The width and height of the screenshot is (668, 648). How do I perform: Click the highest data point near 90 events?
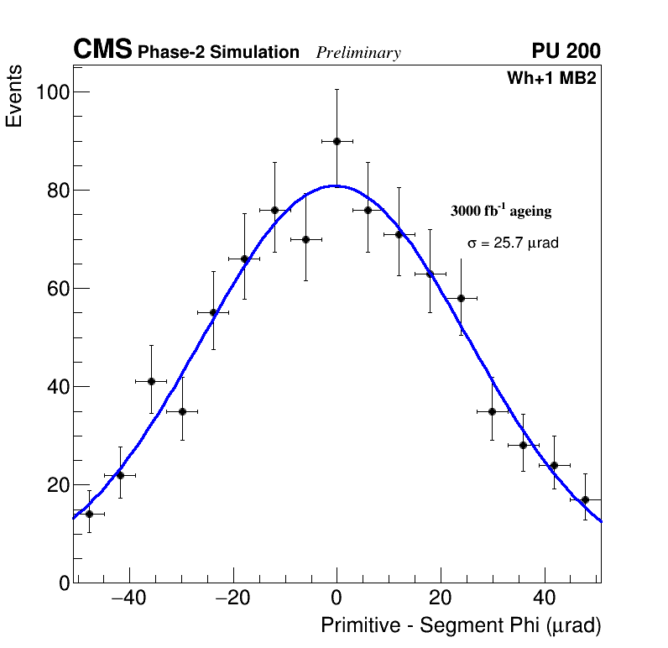click(x=337, y=141)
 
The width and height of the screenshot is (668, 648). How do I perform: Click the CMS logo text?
click(x=102, y=50)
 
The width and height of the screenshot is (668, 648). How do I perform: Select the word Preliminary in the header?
click(x=358, y=53)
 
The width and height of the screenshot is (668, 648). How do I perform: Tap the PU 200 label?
click(x=566, y=51)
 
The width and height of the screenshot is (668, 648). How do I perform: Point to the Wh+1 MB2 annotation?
click(x=551, y=79)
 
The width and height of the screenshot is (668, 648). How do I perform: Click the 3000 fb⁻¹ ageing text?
click(x=501, y=212)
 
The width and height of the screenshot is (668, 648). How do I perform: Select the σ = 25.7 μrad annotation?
click(x=513, y=243)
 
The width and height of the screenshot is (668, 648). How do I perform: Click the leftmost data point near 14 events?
click(x=89, y=514)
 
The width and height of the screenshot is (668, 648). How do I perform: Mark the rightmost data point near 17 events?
click(x=585, y=499)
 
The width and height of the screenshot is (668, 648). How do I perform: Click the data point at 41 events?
click(x=151, y=381)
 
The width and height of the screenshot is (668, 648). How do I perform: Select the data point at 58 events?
click(x=461, y=298)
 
